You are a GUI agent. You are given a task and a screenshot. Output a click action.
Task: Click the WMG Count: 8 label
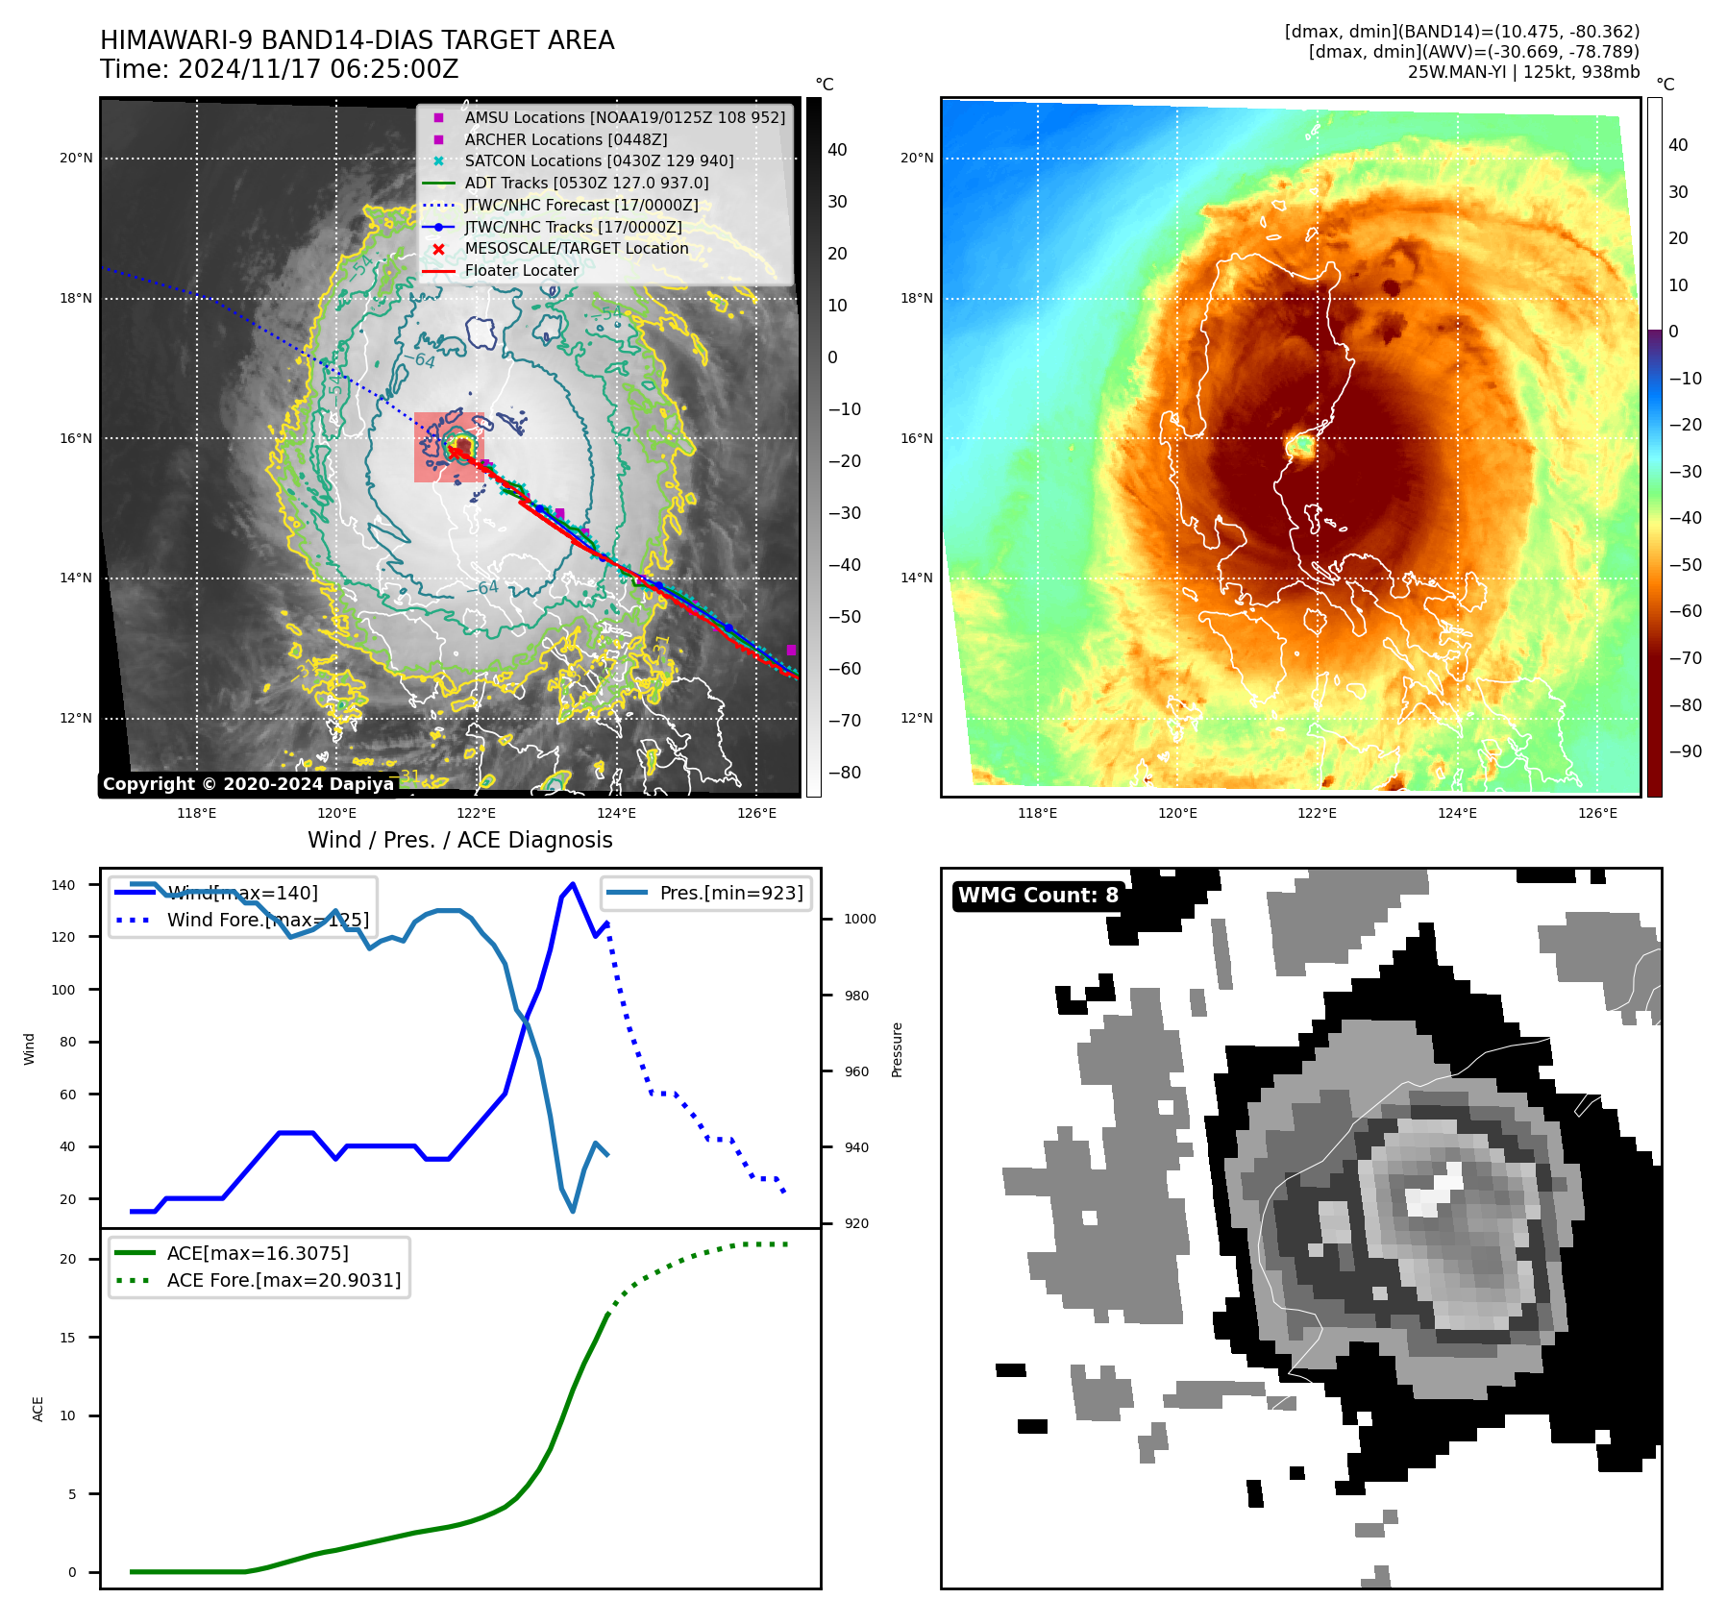[1038, 896]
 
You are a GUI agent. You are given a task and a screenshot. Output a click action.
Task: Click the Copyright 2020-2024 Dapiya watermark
[248, 784]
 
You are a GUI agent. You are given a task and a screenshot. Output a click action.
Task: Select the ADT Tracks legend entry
[586, 183]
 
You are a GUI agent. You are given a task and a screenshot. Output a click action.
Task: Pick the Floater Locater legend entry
[521, 271]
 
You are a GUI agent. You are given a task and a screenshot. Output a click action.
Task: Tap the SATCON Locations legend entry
[599, 160]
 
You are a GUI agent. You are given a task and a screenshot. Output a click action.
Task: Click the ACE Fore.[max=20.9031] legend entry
[284, 1280]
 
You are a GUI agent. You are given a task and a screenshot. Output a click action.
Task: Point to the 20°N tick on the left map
[76, 158]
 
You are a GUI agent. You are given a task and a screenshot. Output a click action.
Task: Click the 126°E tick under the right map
[1597, 813]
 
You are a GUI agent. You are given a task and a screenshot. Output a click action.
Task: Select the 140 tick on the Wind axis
[63, 885]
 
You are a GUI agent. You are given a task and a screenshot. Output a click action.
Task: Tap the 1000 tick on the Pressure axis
[860, 919]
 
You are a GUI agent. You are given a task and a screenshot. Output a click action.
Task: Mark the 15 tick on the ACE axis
[67, 1337]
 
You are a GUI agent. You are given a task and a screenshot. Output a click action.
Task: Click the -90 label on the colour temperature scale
[1685, 751]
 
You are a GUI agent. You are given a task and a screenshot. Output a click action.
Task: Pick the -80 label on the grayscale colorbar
[845, 773]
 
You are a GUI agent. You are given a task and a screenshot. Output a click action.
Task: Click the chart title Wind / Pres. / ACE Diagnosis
[459, 840]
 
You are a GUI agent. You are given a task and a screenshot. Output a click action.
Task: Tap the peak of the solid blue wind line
[573, 883]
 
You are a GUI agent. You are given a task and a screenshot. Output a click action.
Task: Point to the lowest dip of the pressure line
[573, 1211]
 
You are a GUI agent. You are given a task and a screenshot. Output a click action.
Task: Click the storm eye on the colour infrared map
[1302, 445]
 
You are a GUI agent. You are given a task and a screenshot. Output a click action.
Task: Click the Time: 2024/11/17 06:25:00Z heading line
[280, 69]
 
